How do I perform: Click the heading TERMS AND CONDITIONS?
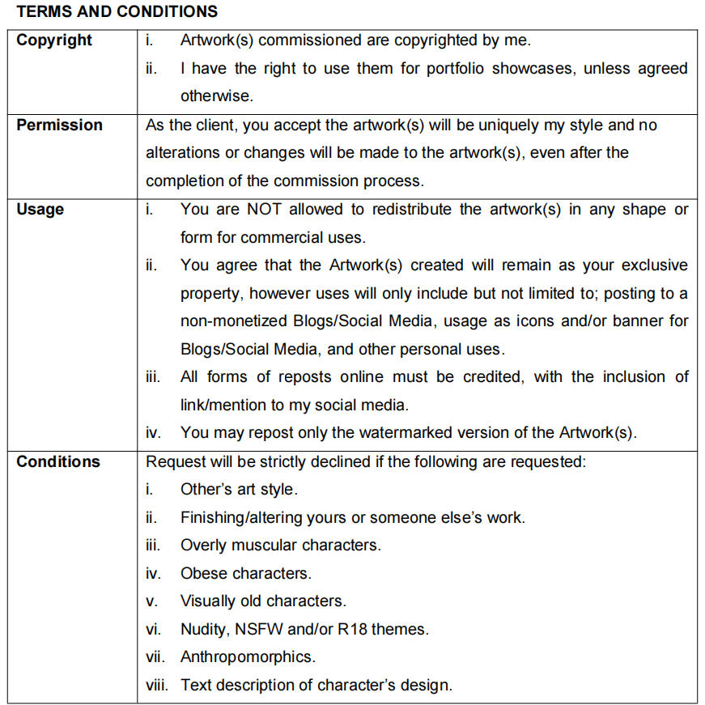click(x=117, y=11)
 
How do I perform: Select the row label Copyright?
click(x=54, y=40)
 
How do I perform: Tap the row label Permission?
click(x=59, y=125)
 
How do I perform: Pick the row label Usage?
click(x=40, y=209)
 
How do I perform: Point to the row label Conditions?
click(x=58, y=462)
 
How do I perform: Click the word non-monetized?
click(x=231, y=321)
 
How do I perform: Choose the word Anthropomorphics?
click(x=248, y=656)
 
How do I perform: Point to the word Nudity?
click(x=203, y=629)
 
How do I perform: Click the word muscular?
click(x=273, y=545)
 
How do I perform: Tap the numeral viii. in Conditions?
click(x=157, y=685)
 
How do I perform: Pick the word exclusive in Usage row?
click(x=656, y=265)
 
